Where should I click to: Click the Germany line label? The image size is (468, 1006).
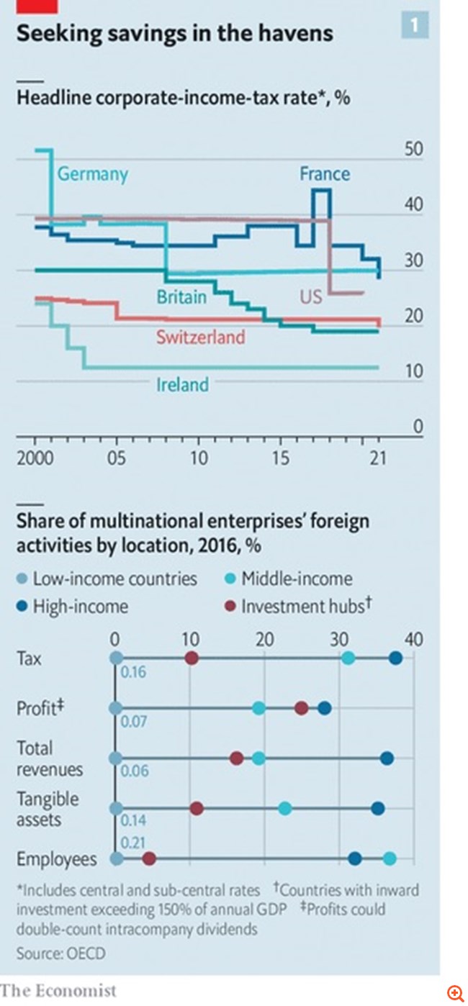(93, 174)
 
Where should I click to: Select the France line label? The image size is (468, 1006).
(325, 174)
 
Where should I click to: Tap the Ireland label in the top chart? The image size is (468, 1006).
(183, 385)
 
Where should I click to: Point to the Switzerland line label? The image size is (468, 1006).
(201, 337)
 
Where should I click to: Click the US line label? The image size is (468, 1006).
(311, 296)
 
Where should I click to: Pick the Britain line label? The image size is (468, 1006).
(181, 296)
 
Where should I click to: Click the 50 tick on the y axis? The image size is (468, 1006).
(413, 150)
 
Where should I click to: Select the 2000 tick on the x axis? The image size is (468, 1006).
(35, 458)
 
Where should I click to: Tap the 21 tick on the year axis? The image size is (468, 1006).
(377, 458)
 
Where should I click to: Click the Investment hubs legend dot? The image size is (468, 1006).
(229, 607)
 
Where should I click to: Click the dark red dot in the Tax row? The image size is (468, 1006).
(191, 658)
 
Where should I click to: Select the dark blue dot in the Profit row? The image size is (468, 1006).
(324, 709)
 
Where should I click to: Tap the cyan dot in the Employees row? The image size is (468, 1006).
(390, 858)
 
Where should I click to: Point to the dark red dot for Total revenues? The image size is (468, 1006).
(236, 758)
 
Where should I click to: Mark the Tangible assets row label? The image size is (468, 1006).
(48, 810)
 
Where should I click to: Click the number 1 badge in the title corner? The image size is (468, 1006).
(414, 27)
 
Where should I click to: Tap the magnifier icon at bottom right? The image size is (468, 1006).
(455, 994)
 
